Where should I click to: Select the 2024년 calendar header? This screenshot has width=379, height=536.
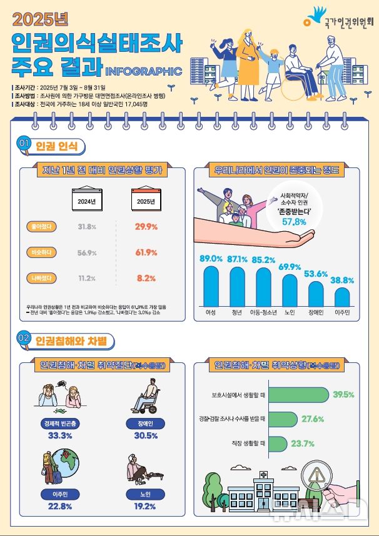[x=86, y=201]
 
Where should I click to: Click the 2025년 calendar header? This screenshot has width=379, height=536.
[x=145, y=201]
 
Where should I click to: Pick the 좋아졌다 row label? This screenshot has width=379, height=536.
[x=41, y=226]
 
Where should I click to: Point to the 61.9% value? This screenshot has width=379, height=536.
[x=145, y=252]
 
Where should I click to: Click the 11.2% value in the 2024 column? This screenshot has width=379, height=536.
[x=86, y=278]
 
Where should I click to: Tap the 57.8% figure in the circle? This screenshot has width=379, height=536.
[x=294, y=222]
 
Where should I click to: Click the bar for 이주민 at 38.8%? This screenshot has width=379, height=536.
[x=342, y=295]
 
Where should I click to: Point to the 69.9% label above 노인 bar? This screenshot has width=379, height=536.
[x=290, y=267]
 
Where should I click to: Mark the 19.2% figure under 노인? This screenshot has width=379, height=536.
[x=145, y=505]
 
